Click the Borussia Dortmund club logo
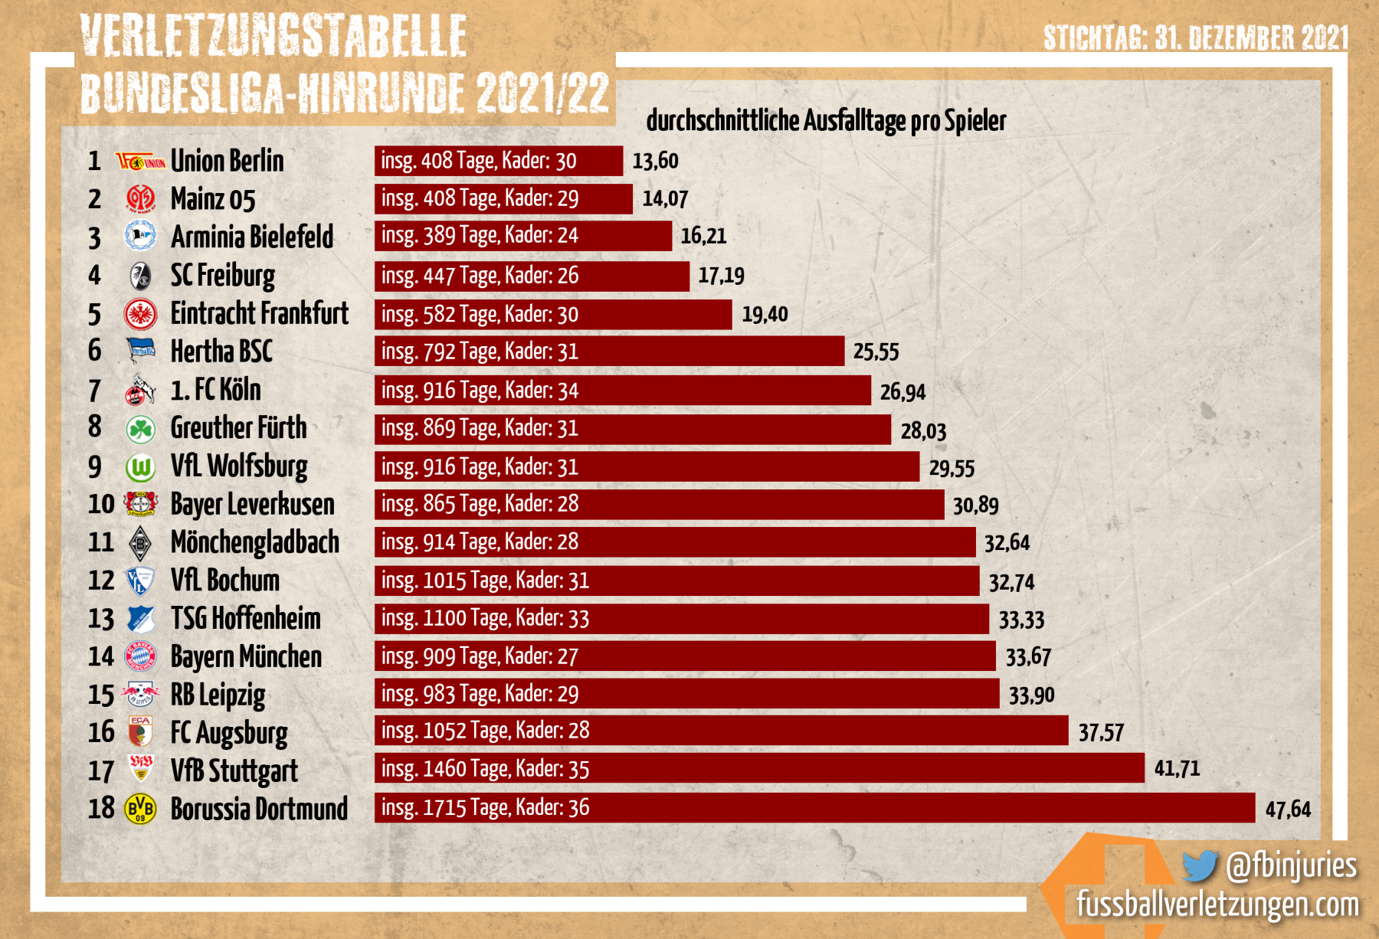tap(140, 809)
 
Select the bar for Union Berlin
tap(498, 161)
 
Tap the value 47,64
tap(1288, 810)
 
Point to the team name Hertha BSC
tap(221, 352)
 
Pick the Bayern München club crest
tap(140, 656)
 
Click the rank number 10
tap(100, 504)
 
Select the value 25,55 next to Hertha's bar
tap(876, 352)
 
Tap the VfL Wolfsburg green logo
tap(140, 466)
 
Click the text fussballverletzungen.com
tap(1217, 905)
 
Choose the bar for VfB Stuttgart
tap(758, 768)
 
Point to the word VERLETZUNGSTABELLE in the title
tap(274, 35)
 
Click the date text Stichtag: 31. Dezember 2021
tap(1195, 37)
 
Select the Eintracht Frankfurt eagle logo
tap(140, 314)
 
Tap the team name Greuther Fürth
tap(238, 428)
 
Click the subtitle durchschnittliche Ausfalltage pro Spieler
tap(826, 121)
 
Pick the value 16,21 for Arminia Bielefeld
tap(703, 236)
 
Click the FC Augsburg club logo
tap(140, 732)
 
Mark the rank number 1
tap(94, 161)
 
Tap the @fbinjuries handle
tap(1291, 865)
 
